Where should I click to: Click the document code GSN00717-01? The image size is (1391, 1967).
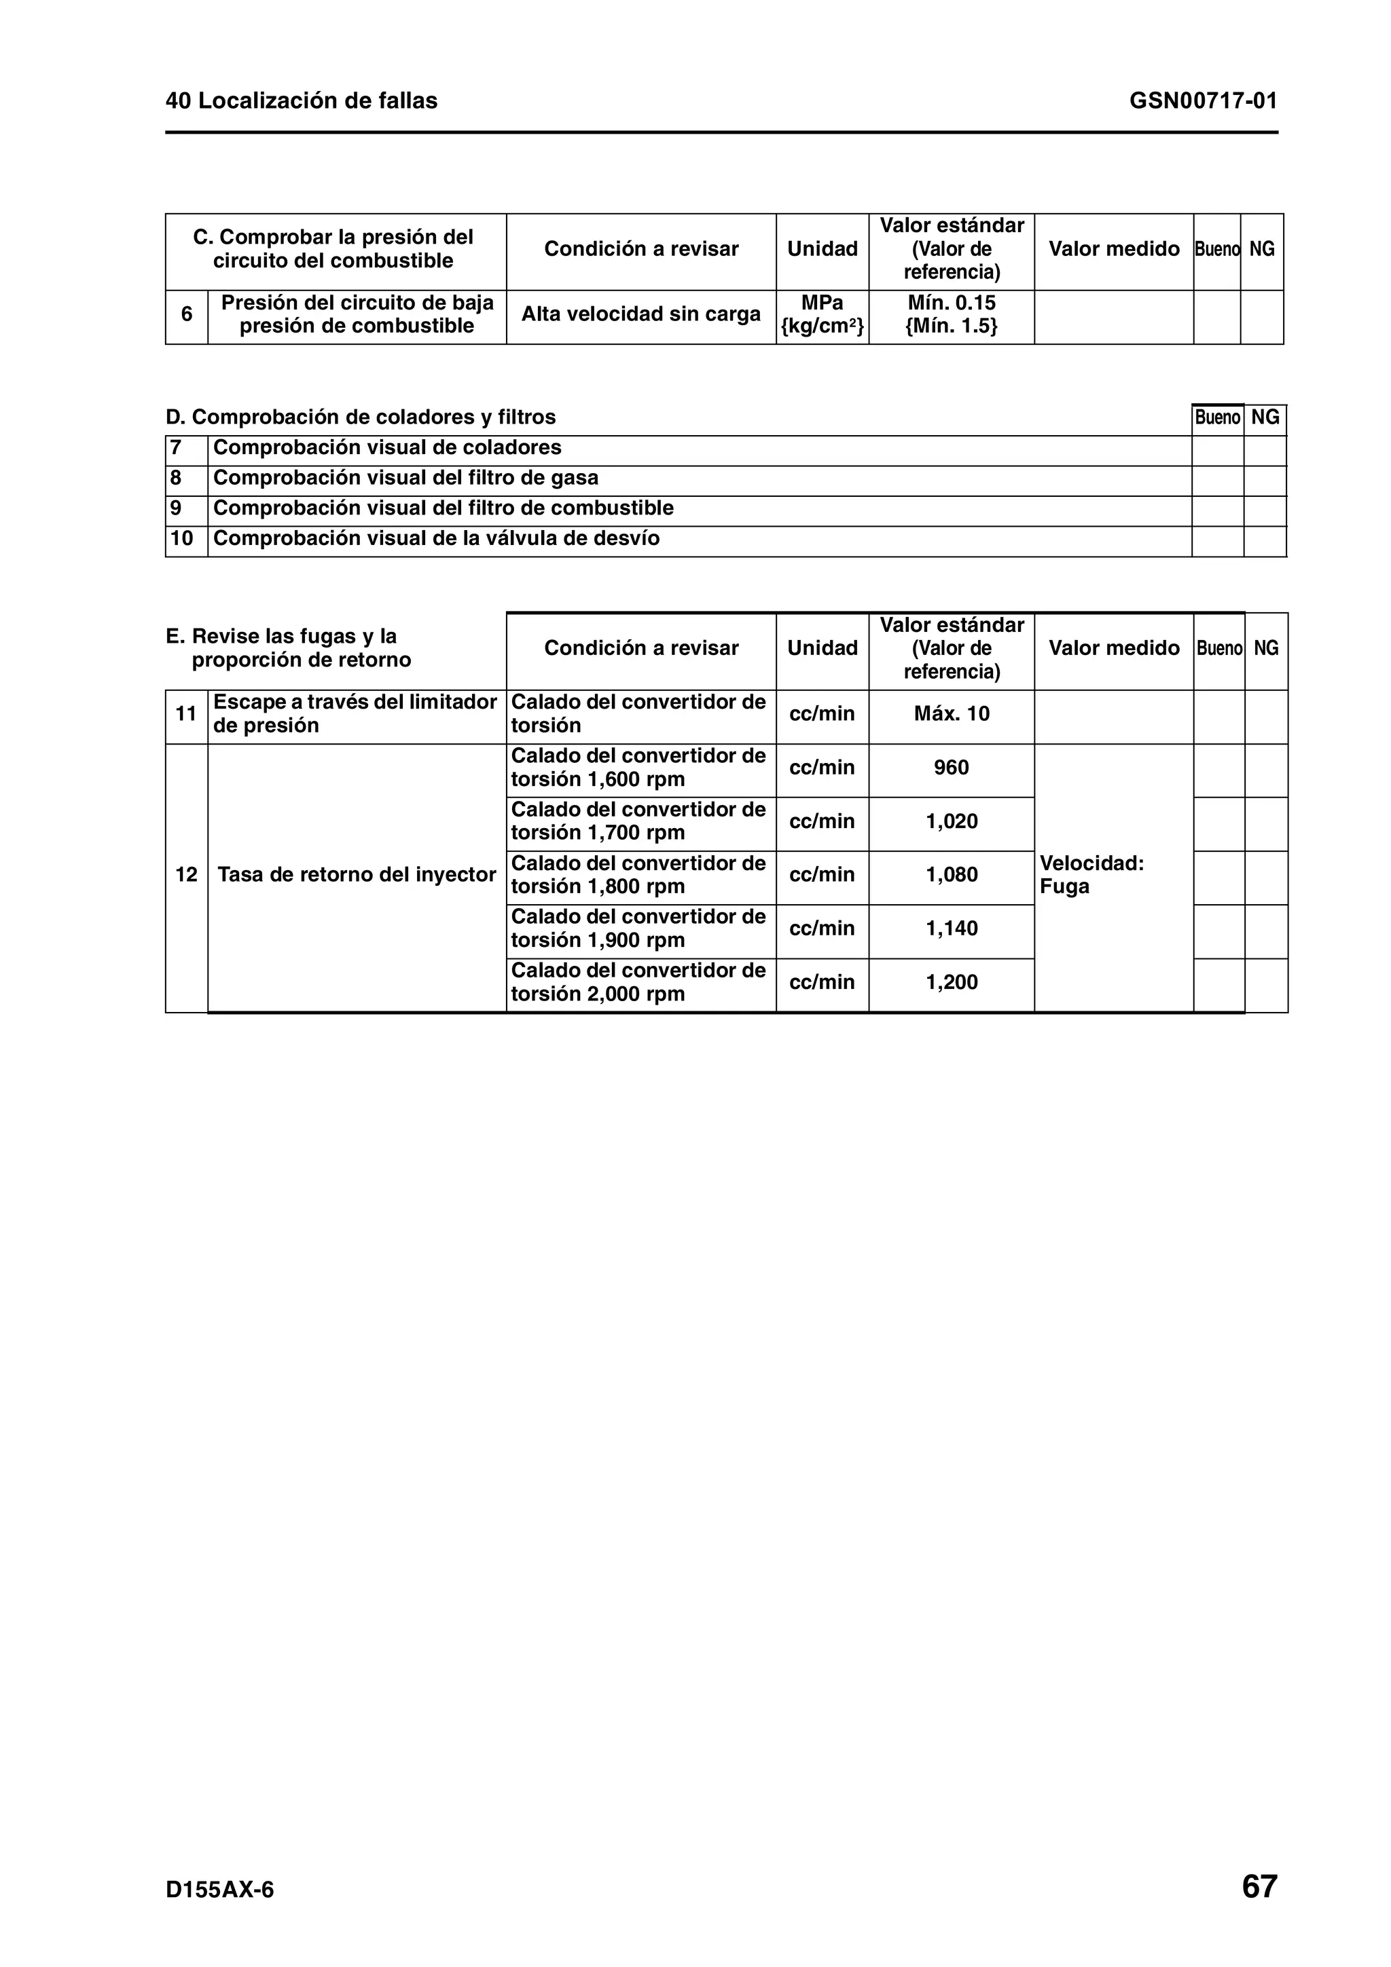(x=1202, y=101)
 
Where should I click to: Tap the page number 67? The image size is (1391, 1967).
(x=1259, y=1886)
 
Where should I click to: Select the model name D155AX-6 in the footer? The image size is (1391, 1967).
(x=220, y=1890)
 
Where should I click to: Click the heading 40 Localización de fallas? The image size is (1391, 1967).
(x=302, y=101)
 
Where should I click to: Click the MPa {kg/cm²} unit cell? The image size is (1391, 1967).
(x=822, y=314)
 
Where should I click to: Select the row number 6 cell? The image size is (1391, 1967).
(x=186, y=314)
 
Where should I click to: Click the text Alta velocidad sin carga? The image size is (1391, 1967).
(x=640, y=314)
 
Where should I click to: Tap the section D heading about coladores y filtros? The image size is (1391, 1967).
(x=361, y=417)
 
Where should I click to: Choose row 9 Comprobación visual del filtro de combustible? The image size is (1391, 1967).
(x=443, y=508)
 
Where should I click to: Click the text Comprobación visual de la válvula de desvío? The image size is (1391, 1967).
(x=436, y=538)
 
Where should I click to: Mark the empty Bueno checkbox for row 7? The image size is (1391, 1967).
(x=1217, y=449)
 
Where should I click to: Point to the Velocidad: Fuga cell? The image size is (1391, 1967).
(x=1091, y=875)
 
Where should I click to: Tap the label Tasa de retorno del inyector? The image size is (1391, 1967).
(x=357, y=875)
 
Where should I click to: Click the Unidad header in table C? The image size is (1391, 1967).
(x=822, y=249)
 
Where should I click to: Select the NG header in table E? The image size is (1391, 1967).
(x=1266, y=648)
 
